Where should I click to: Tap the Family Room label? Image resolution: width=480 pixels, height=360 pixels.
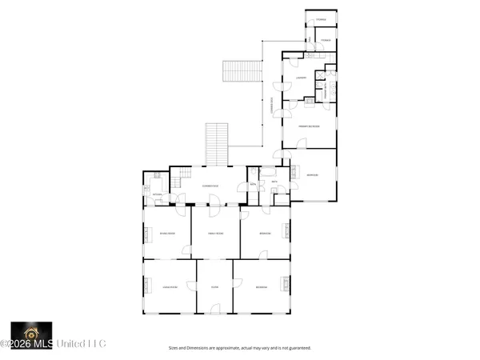[x=214, y=234]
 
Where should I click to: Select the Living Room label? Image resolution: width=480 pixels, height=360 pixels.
[x=169, y=286]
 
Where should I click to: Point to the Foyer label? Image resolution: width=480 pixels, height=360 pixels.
[x=214, y=286]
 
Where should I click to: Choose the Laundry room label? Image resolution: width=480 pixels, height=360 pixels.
[x=302, y=77]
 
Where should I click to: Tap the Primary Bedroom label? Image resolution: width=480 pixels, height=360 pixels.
[x=309, y=126]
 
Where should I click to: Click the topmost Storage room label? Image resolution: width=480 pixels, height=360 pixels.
[x=321, y=18]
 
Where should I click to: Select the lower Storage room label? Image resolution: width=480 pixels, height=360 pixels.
[x=326, y=38]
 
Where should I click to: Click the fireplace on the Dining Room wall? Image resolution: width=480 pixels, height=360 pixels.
[x=146, y=234]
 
